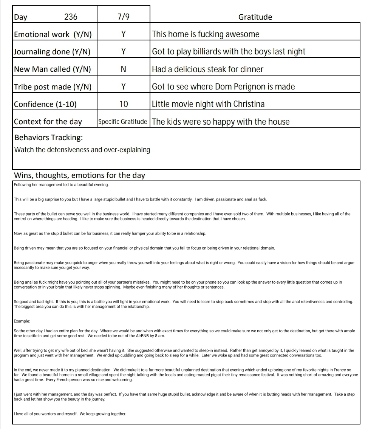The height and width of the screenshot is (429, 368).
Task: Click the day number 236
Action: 71,17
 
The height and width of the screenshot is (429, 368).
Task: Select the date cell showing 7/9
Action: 124,17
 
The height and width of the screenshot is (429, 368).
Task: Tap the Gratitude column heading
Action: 255,17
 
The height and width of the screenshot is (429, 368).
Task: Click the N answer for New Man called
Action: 123,69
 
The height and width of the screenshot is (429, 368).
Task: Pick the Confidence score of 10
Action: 124,104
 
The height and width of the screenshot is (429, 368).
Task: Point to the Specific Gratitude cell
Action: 122,122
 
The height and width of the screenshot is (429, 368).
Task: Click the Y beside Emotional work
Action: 123,34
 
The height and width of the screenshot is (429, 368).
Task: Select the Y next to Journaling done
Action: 123,52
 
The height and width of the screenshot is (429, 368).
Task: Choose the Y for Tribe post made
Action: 123,87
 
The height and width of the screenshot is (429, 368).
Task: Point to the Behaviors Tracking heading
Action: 48,137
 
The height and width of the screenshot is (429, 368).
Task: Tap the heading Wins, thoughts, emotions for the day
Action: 79,176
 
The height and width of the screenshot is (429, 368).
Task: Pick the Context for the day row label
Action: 48,122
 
